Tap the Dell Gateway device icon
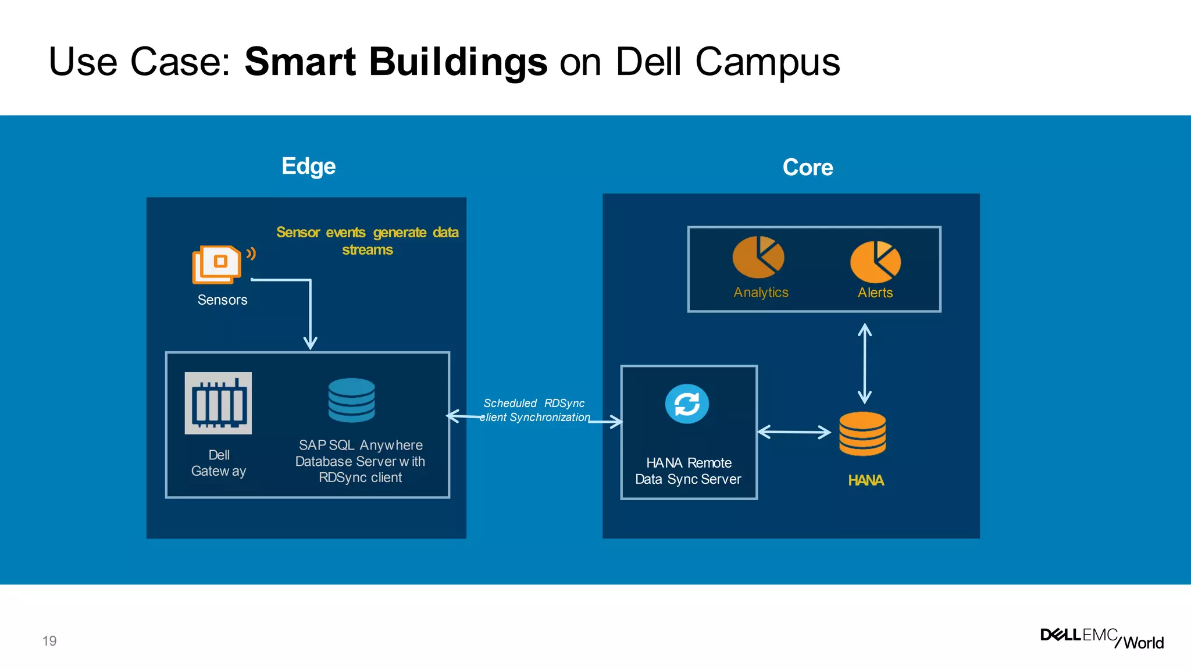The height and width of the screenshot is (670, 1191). tap(218, 403)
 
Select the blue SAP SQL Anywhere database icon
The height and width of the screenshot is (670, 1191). tap(351, 400)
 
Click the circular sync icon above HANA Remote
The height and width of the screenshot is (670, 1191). tap(687, 404)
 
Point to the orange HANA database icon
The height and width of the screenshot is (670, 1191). tap(862, 434)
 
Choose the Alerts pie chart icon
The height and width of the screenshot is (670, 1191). tap(875, 262)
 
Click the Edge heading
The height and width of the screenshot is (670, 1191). tap(308, 166)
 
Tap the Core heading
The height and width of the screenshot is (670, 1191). tap(808, 167)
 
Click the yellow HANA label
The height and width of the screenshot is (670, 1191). tap(865, 480)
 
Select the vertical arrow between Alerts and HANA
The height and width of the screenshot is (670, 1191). tap(865, 363)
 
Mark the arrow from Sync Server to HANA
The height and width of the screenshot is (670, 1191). tap(794, 432)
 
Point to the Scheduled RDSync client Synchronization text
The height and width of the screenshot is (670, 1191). tap(535, 410)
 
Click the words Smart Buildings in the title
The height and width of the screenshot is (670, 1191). tap(395, 62)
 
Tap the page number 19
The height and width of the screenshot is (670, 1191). tap(49, 641)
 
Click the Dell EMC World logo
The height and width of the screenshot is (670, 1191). tap(1102, 638)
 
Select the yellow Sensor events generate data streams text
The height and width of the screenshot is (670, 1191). tap(368, 241)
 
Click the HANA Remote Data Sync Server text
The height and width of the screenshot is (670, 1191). tap(689, 471)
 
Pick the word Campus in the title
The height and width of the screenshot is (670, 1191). tap(768, 62)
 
